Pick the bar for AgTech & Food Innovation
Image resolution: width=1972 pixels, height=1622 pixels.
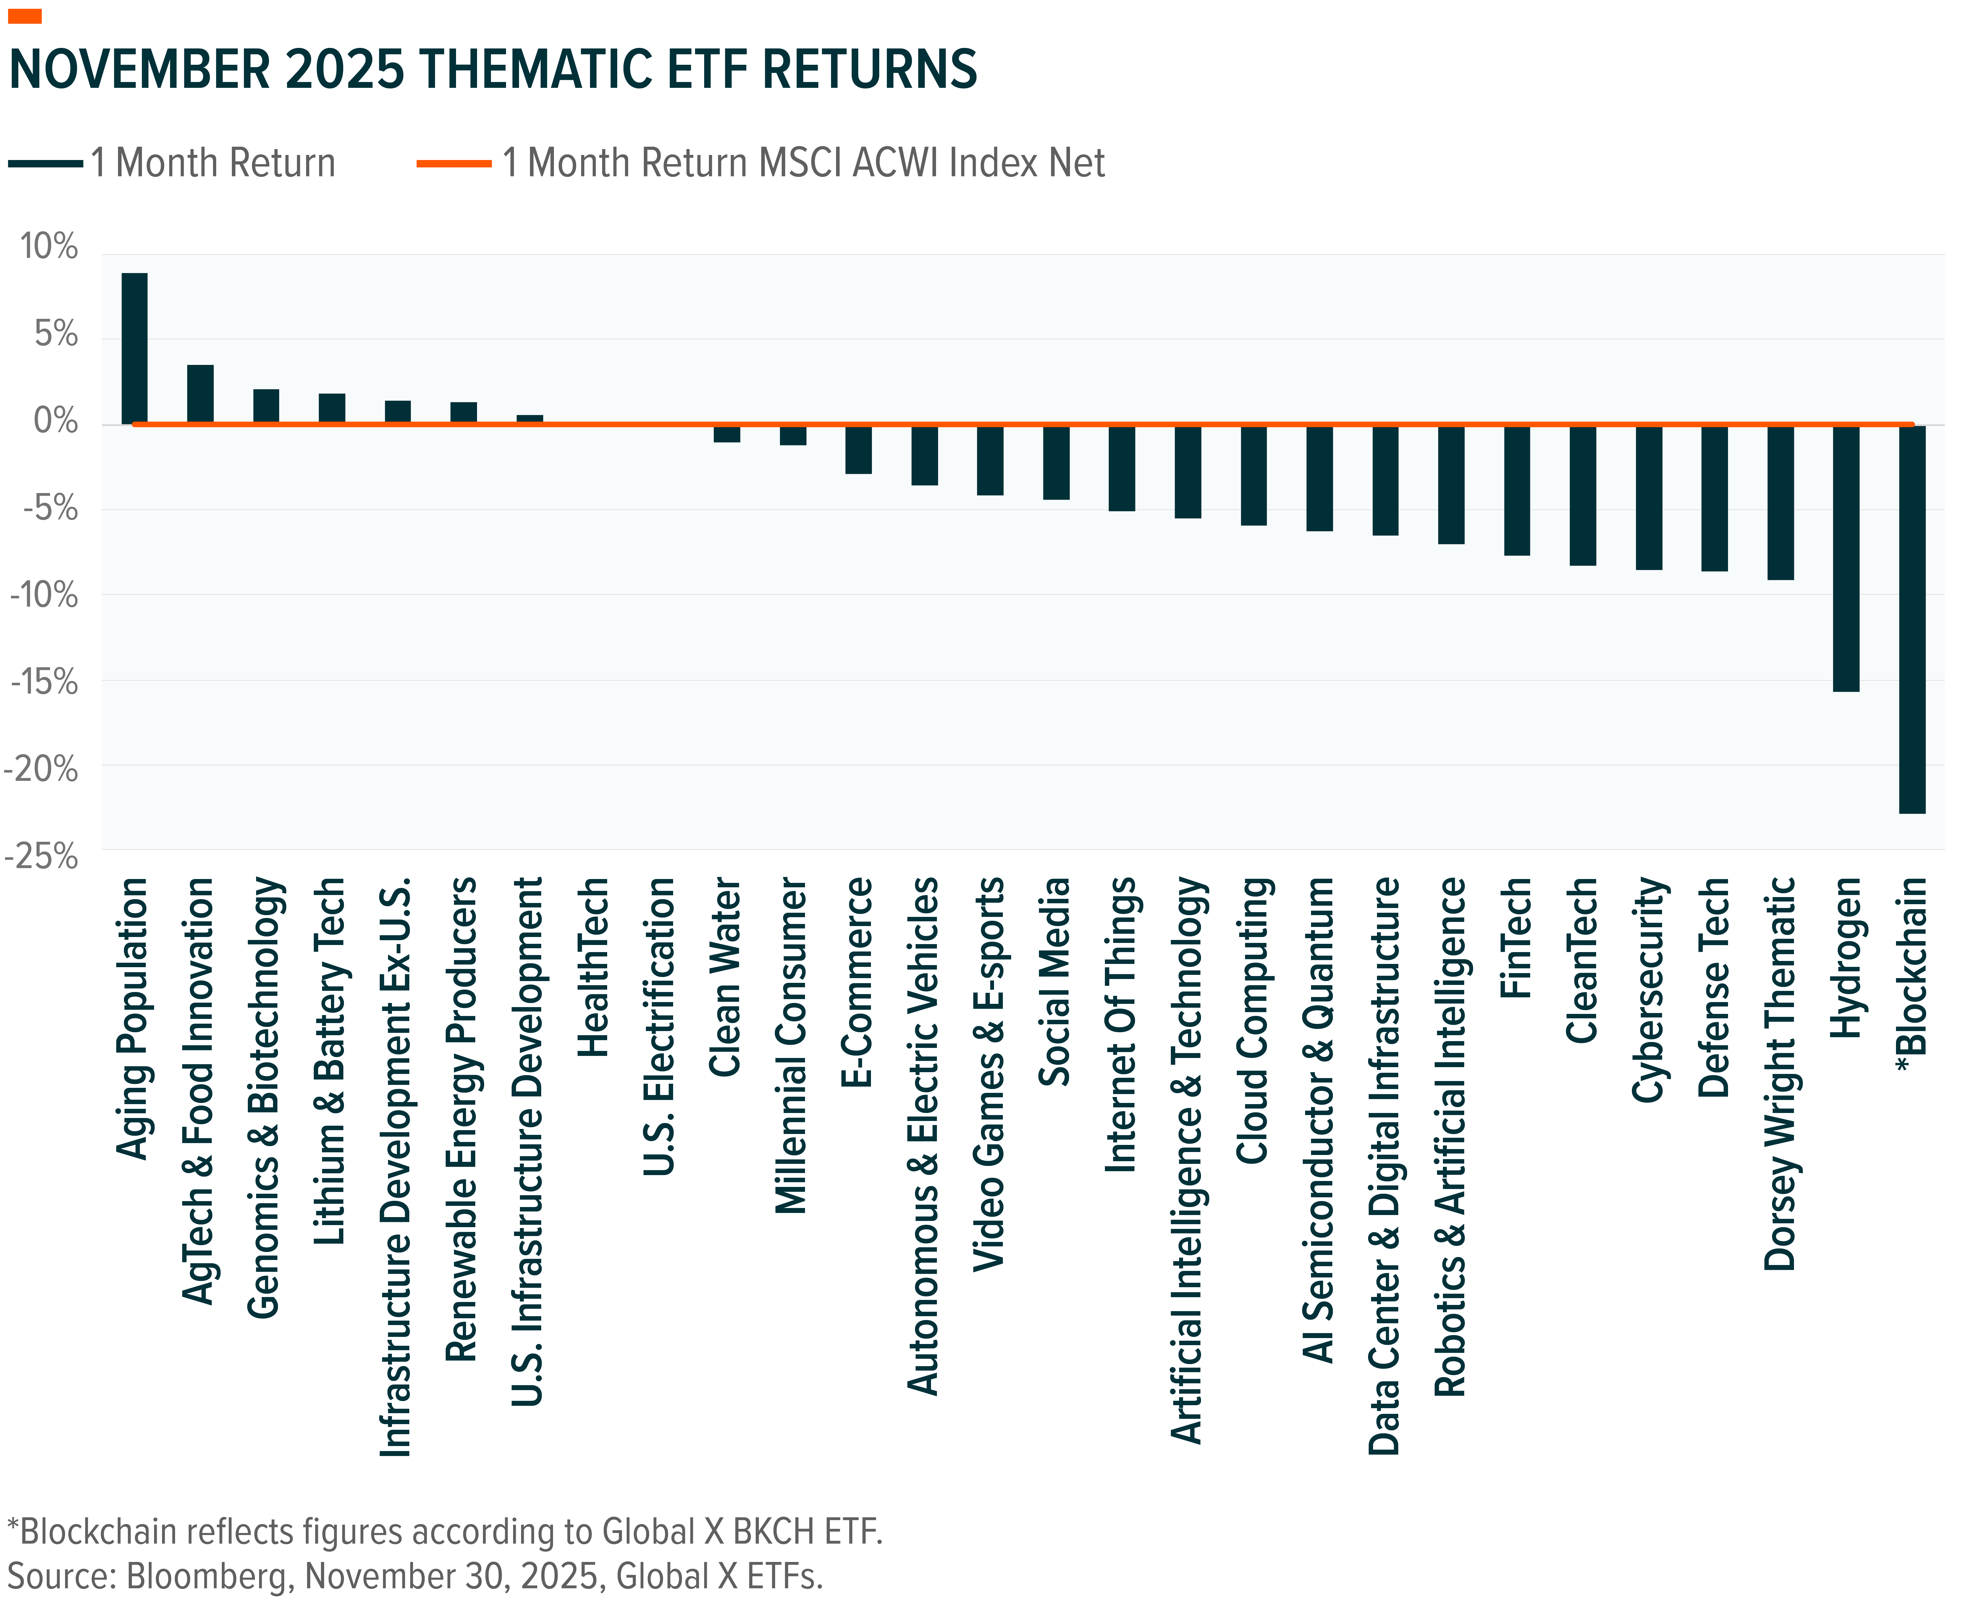tap(200, 394)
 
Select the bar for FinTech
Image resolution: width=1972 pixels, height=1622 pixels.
tap(1517, 490)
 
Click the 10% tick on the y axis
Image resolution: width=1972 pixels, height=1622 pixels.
tap(49, 248)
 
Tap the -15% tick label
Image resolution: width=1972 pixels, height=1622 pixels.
tap(44, 682)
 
